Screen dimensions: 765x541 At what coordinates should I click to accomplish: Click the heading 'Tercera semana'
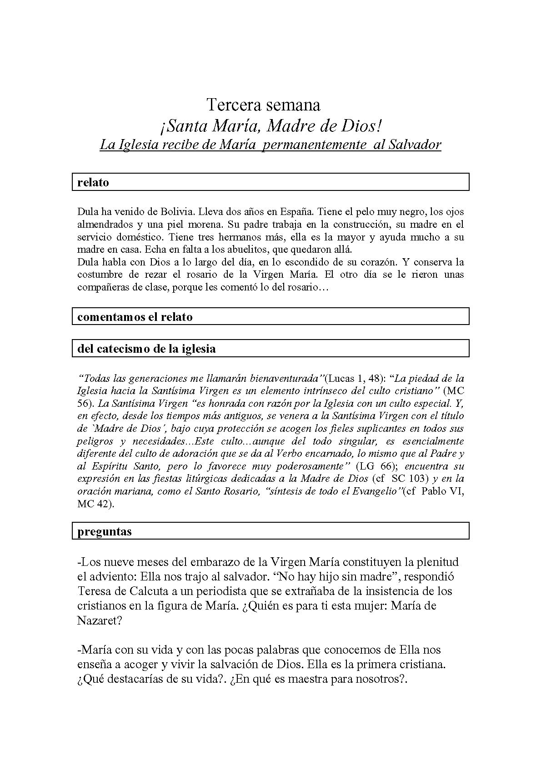[x=264, y=105]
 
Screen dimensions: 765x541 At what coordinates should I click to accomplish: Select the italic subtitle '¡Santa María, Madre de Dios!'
[x=270, y=125]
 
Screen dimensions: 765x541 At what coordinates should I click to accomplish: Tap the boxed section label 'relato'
[x=93, y=182]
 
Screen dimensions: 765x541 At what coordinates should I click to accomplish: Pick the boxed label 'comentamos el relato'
[x=135, y=317]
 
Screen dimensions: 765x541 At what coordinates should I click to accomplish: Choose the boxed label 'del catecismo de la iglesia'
[x=146, y=349]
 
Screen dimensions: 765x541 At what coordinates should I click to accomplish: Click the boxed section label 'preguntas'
[x=105, y=531]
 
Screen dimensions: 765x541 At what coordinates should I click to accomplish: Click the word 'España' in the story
[x=296, y=212]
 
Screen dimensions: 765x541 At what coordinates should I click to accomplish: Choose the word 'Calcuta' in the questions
[x=140, y=591]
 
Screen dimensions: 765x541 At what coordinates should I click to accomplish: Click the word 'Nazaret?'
[x=100, y=620]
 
